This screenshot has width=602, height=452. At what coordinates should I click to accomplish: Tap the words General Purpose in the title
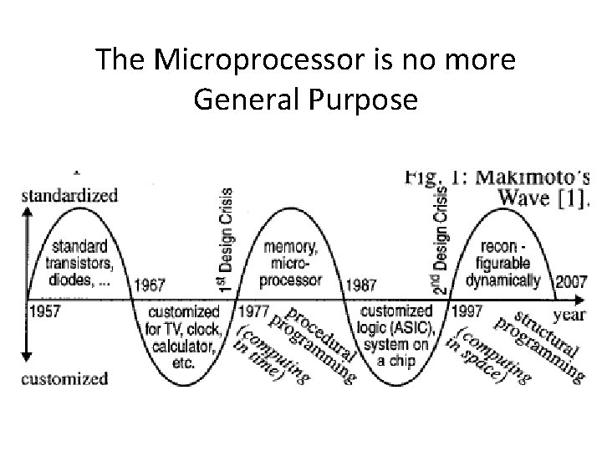click(304, 100)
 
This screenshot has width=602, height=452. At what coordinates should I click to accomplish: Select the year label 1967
click(150, 285)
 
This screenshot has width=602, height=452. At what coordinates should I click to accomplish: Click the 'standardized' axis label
click(69, 196)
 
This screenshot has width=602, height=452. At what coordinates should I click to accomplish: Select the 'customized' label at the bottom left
click(64, 378)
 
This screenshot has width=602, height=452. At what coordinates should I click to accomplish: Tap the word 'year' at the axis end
click(570, 316)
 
